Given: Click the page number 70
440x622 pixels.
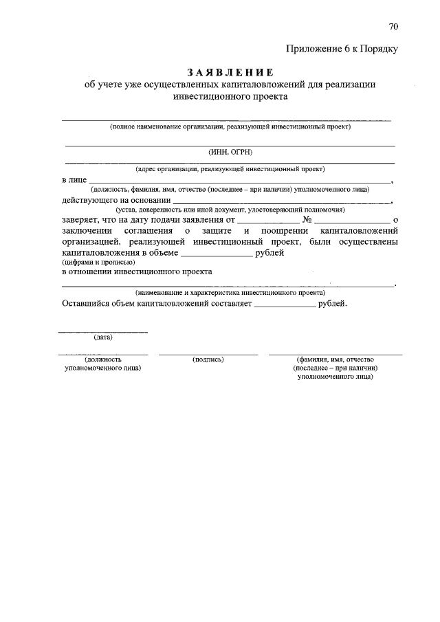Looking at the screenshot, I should click(393, 27).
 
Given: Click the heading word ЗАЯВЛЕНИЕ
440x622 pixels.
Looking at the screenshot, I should click(230, 72).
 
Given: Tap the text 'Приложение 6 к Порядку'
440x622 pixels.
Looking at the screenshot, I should click(342, 48).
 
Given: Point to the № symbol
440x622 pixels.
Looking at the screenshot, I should click(307, 219).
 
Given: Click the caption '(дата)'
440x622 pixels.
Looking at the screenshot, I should click(103, 337).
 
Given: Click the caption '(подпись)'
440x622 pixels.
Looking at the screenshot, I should click(209, 359).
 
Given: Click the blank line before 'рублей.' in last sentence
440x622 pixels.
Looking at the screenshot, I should click(285, 304).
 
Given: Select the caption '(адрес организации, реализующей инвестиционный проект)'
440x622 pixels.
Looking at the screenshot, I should click(230, 168).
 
